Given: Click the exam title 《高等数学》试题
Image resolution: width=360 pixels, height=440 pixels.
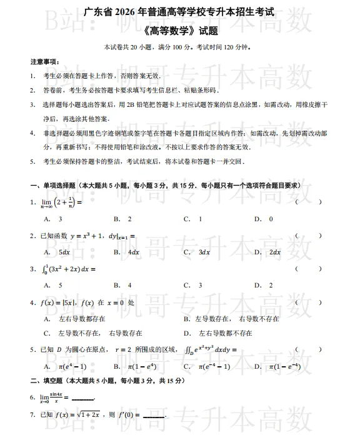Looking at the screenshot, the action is point(180,31).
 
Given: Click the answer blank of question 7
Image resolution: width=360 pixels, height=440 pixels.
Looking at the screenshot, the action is point(154,416).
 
